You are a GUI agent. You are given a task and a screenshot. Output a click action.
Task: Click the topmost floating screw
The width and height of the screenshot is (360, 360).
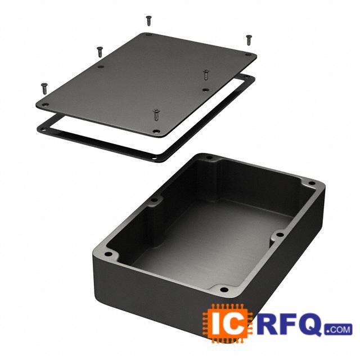tap(148, 20)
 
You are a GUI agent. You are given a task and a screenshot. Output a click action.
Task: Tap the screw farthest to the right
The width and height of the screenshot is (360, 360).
tap(249, 40)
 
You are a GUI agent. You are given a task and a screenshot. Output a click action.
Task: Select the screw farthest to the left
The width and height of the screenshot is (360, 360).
tap(44, 88)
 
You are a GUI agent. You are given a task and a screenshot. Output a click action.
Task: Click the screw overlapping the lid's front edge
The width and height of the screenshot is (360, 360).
tap(156, 115)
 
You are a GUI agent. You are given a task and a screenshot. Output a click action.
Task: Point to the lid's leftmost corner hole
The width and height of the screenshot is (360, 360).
tap(46, 105)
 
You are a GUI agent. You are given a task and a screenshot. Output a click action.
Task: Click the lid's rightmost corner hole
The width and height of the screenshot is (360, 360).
tap(247, 55)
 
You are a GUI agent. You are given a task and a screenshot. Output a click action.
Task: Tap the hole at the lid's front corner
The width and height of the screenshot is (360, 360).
tap(156, 132)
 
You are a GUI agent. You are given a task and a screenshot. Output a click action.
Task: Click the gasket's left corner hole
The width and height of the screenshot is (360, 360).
tap(43, 130)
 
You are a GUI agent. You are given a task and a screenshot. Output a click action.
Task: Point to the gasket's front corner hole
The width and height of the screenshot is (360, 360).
tap(154, 158)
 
